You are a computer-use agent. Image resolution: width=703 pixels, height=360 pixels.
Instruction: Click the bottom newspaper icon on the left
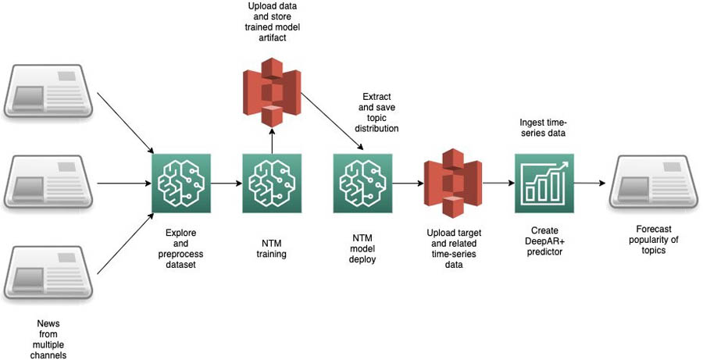[x=51, y=275]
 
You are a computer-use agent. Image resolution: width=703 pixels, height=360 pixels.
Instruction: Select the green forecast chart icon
[x=544, y=184]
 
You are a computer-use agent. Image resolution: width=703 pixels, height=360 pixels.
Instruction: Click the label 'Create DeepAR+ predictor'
[x=544, y=241]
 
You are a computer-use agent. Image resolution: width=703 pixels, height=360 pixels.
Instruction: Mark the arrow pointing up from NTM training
[x=270, y=140]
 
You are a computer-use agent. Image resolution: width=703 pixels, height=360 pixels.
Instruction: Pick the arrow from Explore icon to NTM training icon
[x=227, y=184]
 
